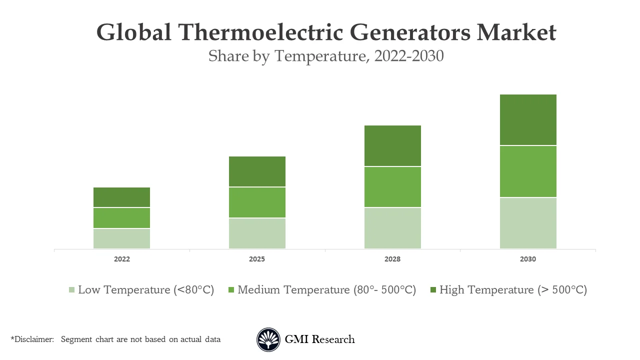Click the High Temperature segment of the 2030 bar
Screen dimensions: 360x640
(528, 120)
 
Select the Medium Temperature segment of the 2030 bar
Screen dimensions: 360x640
(528, 171)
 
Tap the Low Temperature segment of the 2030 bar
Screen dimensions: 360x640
(528, 223)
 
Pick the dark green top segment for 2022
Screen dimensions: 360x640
(121, 197)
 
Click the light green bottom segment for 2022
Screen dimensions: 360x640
(121, 238)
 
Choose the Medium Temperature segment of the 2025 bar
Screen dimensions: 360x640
(257, 202)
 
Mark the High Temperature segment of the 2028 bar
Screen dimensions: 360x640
(392, 146)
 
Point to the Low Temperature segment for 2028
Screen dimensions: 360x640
(392, 228)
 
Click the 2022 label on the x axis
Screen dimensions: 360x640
(121, 259)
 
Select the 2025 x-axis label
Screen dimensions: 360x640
(257, 259)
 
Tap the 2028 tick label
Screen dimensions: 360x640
(392, 259)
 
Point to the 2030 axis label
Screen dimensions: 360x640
(528, 259)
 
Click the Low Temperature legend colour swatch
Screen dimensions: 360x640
(71, 290)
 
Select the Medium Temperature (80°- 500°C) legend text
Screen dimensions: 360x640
(326, 290)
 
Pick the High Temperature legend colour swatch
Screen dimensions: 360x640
(433, 290)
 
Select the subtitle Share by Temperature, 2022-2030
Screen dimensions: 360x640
(326, 56)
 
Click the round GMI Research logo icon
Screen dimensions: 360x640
(268, 340)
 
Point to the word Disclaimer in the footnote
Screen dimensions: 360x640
(33, 339)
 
